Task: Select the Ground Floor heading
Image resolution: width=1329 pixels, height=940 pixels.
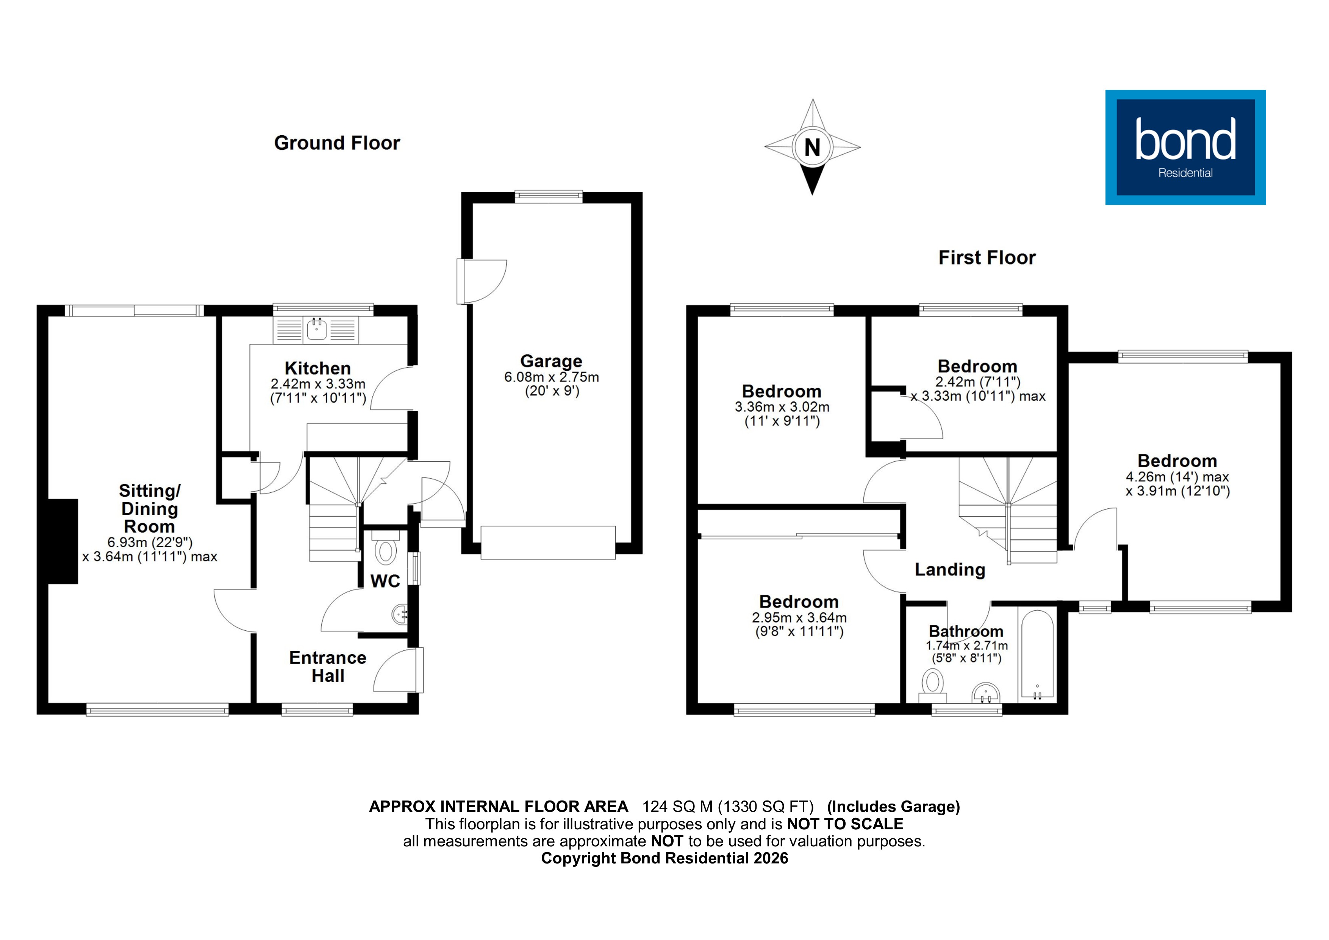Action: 337,143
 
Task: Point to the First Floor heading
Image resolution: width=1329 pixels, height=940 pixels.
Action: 987,258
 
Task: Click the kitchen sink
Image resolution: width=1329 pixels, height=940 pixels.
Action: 317,329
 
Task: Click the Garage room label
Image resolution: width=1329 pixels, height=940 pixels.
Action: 551,361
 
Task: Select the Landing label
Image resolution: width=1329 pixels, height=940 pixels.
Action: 950,570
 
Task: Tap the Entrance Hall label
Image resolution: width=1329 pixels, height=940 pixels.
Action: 328,667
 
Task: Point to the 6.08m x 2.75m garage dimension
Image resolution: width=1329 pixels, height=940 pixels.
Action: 551,377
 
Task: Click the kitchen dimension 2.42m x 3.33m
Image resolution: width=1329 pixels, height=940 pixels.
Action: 318,384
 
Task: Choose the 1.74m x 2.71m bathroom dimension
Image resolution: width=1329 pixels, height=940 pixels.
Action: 967,645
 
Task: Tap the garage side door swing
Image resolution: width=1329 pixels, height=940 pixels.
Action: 483,282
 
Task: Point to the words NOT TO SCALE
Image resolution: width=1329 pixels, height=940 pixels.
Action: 845,824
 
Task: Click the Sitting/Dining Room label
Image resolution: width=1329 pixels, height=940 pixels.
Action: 149,509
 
